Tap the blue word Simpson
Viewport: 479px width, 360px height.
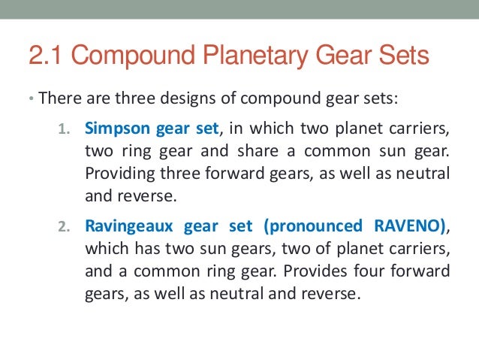pos(113,126)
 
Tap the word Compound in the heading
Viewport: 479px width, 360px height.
pos(134,56)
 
